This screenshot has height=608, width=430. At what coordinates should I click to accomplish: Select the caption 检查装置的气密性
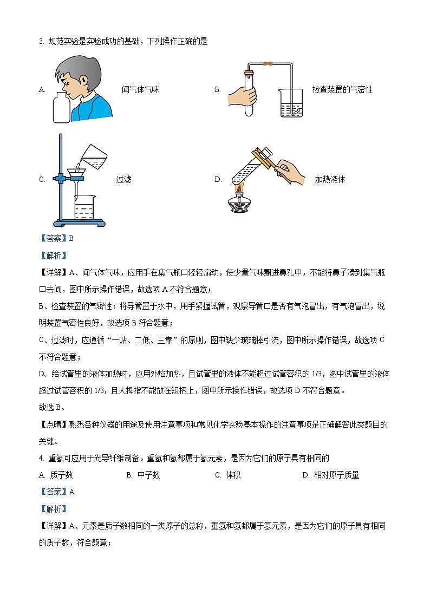(x=342, y=90)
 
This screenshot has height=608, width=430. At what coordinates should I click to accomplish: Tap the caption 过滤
(x=123, y=180)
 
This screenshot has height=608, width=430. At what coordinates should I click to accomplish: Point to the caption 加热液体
(x=330, y=180)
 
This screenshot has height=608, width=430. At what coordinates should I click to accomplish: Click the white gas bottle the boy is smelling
(x=62, y=108)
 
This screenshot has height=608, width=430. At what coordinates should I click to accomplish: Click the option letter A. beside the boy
(x=42, y=90)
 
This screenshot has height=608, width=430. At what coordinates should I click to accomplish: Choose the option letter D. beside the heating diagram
(x=218, y=180)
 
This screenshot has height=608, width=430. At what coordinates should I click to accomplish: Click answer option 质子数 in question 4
(x=61, y=475)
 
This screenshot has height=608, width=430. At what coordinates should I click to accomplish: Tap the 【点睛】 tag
(x=53, y=425)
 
